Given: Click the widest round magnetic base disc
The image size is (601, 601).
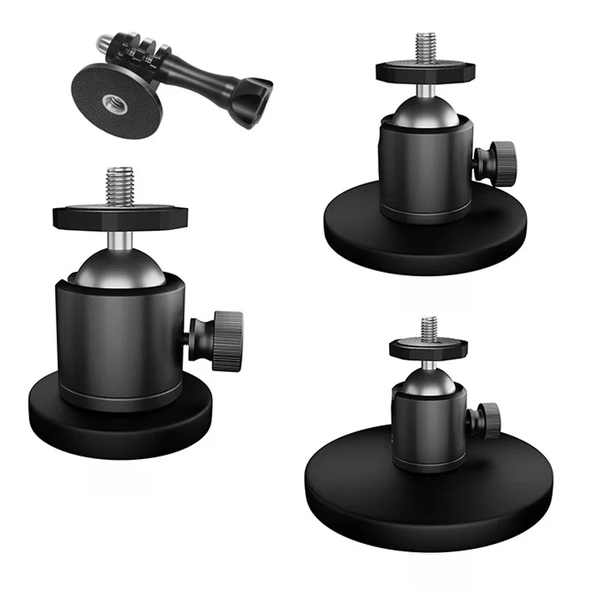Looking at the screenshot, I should point(353,481).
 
